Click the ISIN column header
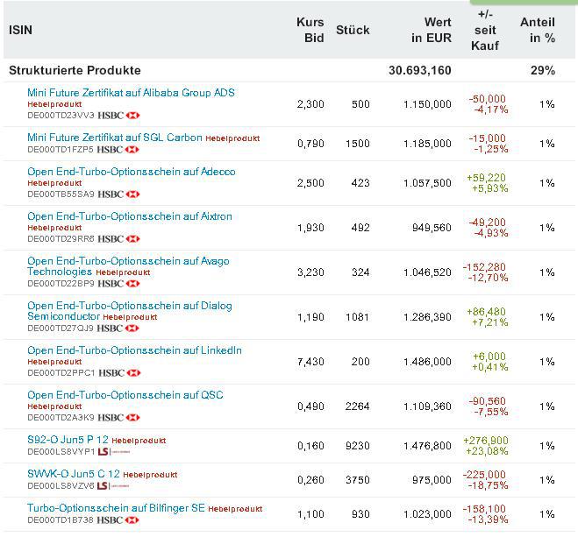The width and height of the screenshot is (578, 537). (x=21, y=30)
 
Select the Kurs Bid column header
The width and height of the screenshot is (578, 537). (x=310, y=30)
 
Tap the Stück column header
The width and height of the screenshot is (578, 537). (x=353, y=30)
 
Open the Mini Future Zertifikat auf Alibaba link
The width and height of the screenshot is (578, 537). (x=131, y=93)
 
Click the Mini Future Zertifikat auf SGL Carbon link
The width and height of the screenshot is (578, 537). (x=115, y=138)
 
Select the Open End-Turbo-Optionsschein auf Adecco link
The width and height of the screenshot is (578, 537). (x=131, y=172)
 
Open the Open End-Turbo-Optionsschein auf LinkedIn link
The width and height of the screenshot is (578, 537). (x=134, y=350)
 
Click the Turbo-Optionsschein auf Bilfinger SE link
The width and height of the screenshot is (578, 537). (x=115, y=508)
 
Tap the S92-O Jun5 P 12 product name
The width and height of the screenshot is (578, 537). (x=68, y=440)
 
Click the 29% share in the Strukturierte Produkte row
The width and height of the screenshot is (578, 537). (x=546, y=70)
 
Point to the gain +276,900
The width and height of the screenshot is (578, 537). (x=488, y=440)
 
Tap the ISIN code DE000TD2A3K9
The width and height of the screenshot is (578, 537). (x=61, y=417)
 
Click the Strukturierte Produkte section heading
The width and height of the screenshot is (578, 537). (x=75, y=70)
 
